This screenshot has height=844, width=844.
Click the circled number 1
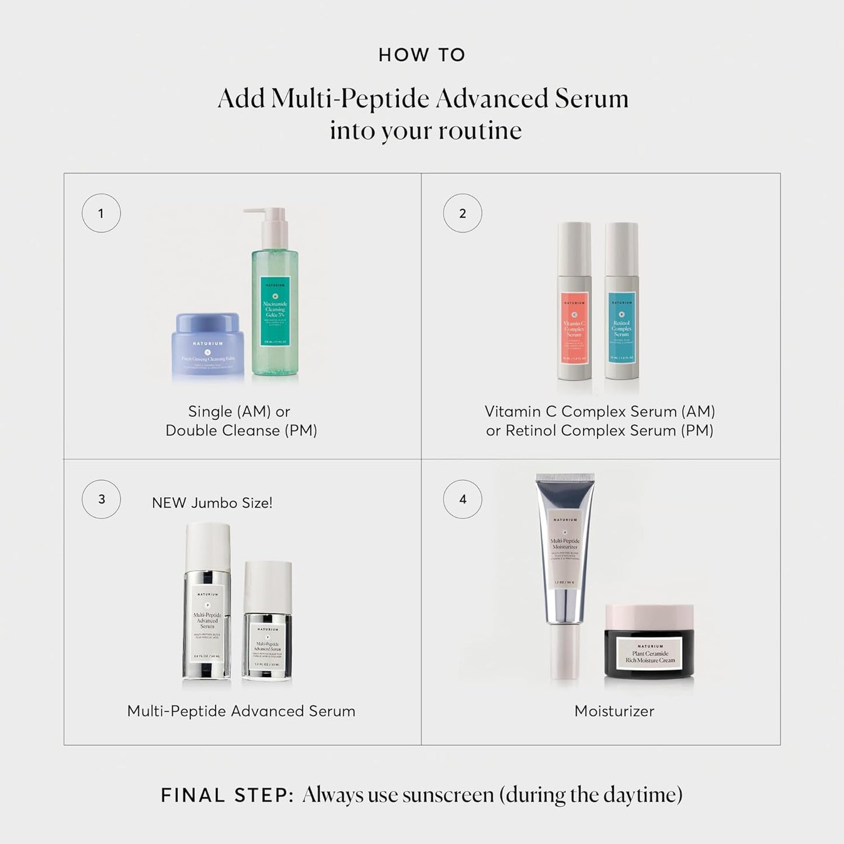[101, 213]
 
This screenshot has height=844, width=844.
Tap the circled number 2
[463, 213]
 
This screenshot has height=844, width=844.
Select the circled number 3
[101, 499]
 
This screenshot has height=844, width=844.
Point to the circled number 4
[463, 499]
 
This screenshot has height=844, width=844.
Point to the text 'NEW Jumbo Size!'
[212, 503]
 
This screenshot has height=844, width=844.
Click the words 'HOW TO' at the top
[422, 55]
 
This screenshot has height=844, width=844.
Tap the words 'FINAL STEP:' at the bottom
[227, 796]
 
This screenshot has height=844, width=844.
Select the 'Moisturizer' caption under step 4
[614, 711]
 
